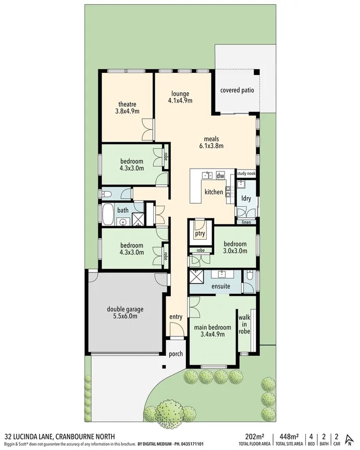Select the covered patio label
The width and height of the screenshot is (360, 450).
point(237,90)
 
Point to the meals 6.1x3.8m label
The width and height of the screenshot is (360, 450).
point(211,142)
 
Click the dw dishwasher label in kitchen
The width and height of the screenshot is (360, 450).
point(220,176)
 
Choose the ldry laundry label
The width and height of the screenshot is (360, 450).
point(246,198)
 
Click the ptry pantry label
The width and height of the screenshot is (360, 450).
point(200,234)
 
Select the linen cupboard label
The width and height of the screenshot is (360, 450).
point(246,222)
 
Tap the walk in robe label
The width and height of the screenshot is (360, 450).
point(244,323)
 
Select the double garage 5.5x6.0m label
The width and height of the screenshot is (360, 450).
point(125,312)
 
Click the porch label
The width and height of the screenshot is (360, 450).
point(176,354)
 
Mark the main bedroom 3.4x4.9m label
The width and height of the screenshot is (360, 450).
point(213,331)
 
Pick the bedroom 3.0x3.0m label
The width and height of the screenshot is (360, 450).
point(234,247)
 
